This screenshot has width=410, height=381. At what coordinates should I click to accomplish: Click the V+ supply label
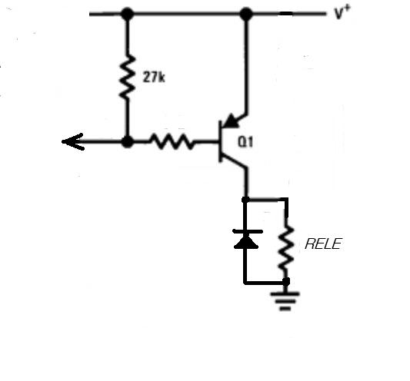click(342, 12)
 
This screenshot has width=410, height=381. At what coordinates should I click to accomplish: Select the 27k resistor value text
click(154, 78)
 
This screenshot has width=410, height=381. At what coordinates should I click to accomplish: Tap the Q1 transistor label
click(245, 142)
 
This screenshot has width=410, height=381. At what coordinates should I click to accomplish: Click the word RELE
click(323, 244)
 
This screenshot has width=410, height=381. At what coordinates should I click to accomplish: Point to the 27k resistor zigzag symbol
click(128, 78)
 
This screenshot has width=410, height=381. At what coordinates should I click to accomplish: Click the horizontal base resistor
click(172, 142)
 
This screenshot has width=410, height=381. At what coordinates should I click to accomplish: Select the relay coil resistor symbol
click(286, 247)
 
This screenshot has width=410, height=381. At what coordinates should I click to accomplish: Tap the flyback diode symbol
click(246, 240)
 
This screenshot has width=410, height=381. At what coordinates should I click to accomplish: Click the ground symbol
click(285, 301)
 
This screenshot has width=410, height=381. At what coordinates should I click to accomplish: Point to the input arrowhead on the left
click(72, 142)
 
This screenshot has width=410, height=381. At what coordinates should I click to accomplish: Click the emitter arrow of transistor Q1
click(232, 121)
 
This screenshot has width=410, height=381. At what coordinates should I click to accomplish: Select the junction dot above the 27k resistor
click(128, 14)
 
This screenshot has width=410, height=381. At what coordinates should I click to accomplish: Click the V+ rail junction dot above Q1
click(246, 14)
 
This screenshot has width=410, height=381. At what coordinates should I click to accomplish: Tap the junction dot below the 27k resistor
click(128, 142)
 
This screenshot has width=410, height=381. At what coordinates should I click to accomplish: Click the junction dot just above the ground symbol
click(286, 281)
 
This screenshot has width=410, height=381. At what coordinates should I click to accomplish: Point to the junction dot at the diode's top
click(245, 200)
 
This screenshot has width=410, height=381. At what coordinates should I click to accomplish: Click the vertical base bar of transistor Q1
click(221, 141)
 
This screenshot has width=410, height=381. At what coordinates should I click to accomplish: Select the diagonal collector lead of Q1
click(235, 161)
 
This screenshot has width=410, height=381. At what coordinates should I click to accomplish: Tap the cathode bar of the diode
click(248, 231)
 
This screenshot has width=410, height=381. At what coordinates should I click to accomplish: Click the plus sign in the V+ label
click(347, 10)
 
